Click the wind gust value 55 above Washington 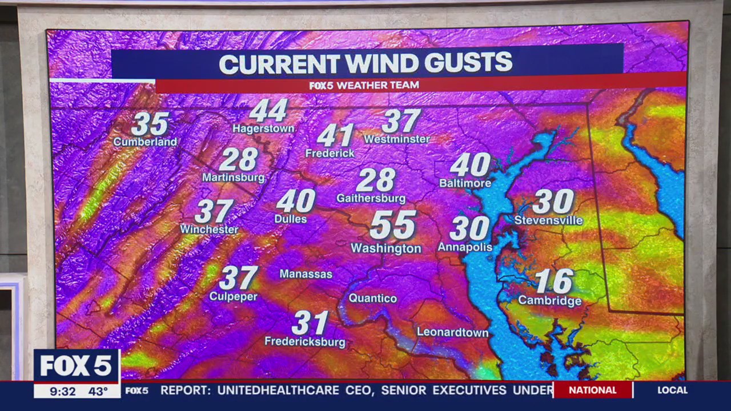[393, 225]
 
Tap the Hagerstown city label [263, 129]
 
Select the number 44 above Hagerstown [268, 111]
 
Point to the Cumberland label [145, 142]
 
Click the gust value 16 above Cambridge [554, 281]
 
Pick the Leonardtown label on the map [452, 332]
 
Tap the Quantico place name [372, 299]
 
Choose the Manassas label [306, 274]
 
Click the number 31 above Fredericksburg [310, 324]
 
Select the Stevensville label [548, 220]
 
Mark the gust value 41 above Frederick [335, 136]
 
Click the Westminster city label [396, 139]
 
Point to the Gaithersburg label [371, 199]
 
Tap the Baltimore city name [465, 183]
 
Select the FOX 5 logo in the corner [77, 366]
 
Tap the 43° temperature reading [98, 391]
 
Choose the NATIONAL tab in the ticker [592, 390]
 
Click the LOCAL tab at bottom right [672, 390]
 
